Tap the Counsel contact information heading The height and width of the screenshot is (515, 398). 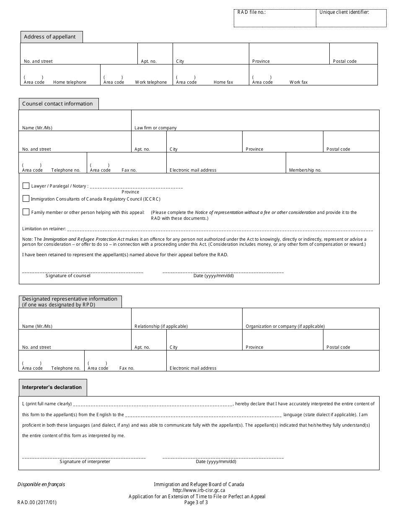(58, 104)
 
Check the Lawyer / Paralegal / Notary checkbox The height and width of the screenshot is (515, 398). (26, 185)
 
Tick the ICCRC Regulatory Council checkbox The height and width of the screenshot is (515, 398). (26, 198)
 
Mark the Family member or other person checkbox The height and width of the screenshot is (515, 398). (26, 212)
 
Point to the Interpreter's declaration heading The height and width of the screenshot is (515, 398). (52, 387)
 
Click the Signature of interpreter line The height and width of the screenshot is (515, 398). (84, 457)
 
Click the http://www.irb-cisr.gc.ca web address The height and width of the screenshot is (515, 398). (199, 490)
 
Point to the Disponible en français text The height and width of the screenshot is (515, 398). (41, 484)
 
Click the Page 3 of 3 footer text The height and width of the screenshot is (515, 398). (196, 502)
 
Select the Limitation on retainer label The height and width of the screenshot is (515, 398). (44, 229)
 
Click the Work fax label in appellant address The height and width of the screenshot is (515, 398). (298, 82)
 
